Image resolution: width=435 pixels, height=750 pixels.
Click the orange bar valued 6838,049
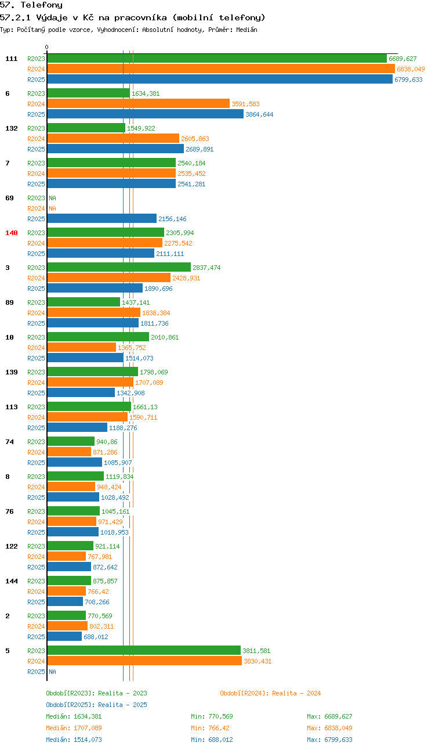221,69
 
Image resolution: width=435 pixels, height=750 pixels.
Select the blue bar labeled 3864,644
145,114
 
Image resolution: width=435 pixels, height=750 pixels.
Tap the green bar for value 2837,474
119,267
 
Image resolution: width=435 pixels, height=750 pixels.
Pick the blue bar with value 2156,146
101,219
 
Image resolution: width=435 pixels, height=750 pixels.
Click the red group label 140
12,233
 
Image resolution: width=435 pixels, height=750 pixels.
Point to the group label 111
12,59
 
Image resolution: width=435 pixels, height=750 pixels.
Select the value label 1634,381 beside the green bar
146,93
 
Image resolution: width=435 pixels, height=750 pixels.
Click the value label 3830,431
258,661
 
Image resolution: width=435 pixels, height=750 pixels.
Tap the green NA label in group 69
53,198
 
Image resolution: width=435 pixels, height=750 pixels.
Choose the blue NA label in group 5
53,672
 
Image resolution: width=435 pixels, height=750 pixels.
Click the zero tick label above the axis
46,47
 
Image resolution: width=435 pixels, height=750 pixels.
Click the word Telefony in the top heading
42,5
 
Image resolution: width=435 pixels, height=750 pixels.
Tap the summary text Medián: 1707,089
74,728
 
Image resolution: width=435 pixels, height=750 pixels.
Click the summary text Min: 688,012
212,740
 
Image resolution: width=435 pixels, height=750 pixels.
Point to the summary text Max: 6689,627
329,716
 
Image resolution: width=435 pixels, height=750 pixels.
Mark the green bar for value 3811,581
144,650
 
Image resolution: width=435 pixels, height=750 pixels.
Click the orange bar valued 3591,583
139,104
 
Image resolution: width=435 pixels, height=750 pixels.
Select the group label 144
12,581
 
